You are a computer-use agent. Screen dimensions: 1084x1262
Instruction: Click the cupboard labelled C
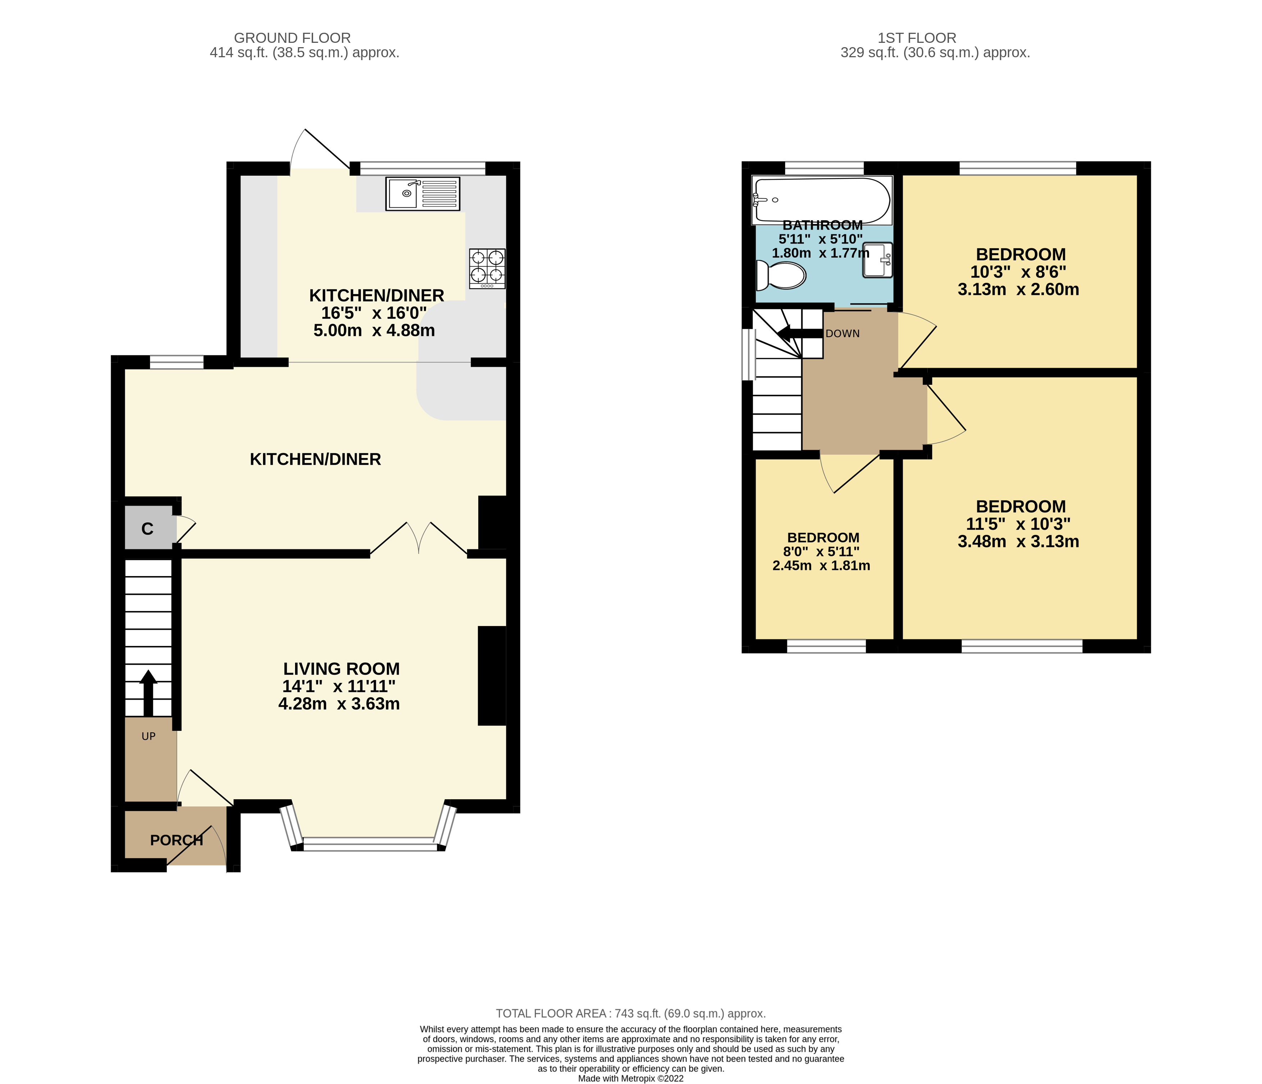pyautogui.click(x=148, y=528)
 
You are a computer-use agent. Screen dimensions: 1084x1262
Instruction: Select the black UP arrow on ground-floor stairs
pyautogui.click(x=148, y=692)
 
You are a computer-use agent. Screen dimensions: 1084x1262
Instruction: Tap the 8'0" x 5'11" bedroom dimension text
pyautogui.click(x=821, y=552)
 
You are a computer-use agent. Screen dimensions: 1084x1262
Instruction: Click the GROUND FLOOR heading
pyautogui.click(x=292, y=38)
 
